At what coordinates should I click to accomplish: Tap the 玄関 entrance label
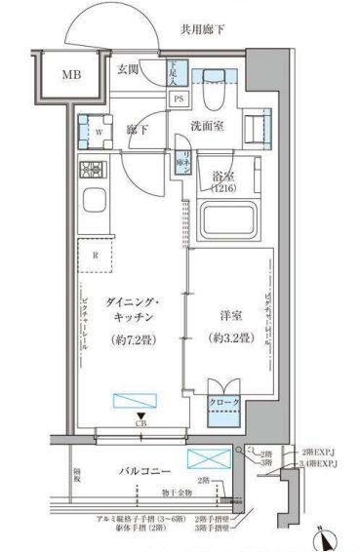pyautogui.click(x=130, y=69)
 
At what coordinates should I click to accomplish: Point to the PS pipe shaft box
pyautogui.click(x=179, y=99)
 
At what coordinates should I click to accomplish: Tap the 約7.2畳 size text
pyautogui.click(x=131, y=340)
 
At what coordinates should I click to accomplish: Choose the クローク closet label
pyautogui.click(x=222, y=402)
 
